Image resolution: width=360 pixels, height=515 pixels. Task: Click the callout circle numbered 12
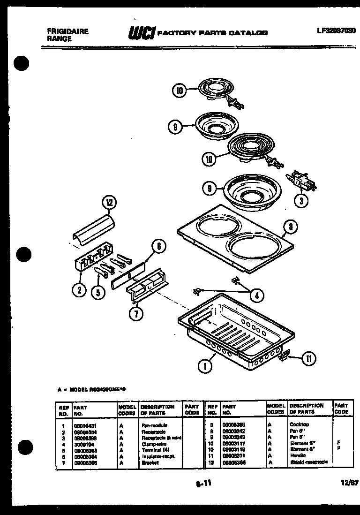tap(109, 204)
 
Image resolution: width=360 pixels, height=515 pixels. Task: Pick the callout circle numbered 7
tap(135, 314)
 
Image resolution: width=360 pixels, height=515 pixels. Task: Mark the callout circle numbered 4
tap(256, 295)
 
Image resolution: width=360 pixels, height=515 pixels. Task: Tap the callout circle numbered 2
tap(80, 290)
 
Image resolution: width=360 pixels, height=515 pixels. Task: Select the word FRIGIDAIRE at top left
tap(67, 31)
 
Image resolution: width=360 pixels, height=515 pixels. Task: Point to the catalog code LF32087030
tap(336, 30)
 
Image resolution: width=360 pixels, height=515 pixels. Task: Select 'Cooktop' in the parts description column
tap(300, 424)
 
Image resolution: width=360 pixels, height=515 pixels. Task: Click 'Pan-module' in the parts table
tap(154, 424)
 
